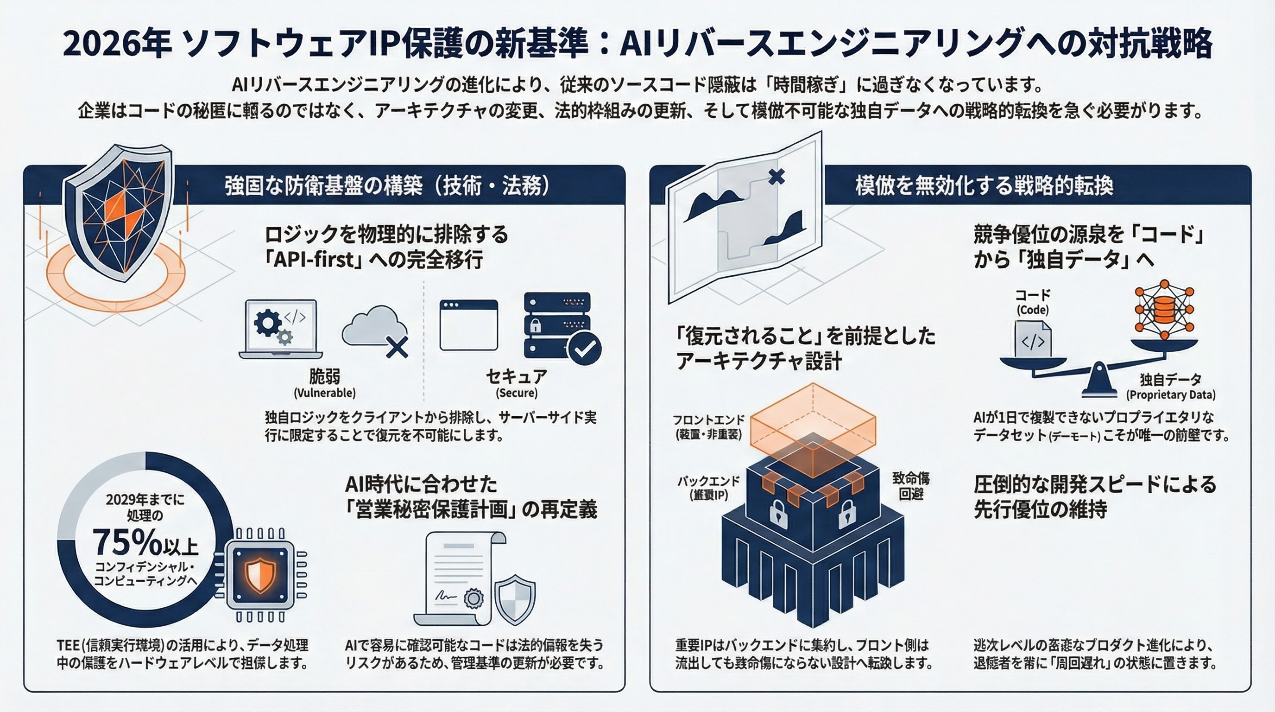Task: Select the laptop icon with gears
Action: tap(280, 329)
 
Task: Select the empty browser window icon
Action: tap(468, 325)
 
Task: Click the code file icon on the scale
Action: tap(1033, 339)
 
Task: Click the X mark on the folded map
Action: tap(776, 176)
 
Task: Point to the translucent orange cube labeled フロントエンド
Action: tap(813, 430)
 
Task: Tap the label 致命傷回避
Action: tap(911, 486)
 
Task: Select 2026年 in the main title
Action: tap(117, 43)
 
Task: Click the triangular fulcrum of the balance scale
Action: tap(1099, 381)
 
